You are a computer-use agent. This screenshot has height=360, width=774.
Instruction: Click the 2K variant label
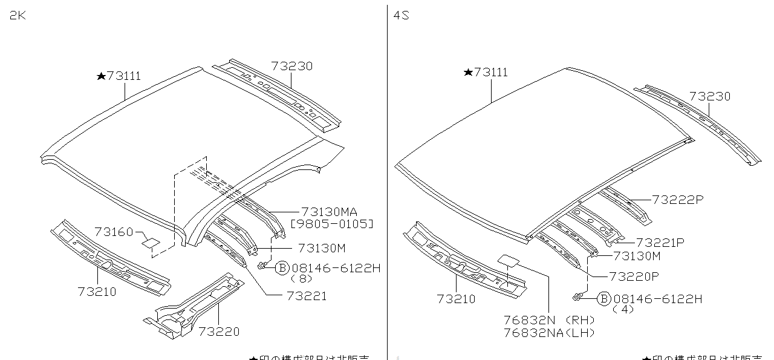pyautogui.click(x=17, y=16)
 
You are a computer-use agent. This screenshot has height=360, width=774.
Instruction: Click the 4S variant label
pyautogui.click(x=402, y=16)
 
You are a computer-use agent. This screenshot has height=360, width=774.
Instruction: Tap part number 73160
pyautogui.click(x=114, y=231)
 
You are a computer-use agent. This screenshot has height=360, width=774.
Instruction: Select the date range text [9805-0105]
pyautogui.click(x=332, y=224)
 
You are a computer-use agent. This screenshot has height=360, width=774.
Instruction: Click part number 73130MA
pyautogui.click(x=329, y=211)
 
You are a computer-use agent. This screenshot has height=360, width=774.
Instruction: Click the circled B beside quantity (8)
pyautogui.click(x=282, y=268)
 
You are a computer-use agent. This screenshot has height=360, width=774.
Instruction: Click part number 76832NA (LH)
pyautogui.click(x=549, y=332)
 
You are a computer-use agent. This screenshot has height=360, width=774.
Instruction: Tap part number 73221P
pyautogui.click(x=660, y=243)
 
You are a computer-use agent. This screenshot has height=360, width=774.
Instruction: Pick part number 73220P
pyautogui.click(x=634, y=277)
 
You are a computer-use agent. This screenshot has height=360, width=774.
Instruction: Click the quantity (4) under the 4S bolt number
pyautogui.click(x=623, y=309)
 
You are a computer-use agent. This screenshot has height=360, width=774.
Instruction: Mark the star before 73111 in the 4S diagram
pyautogui.click(x=468, y=73)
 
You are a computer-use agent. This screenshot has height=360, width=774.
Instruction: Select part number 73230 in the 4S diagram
pyautogui.click(x=709, y=96)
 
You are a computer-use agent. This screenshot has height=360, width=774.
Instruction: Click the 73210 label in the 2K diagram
pyautogui.click(x=97, y=291)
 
